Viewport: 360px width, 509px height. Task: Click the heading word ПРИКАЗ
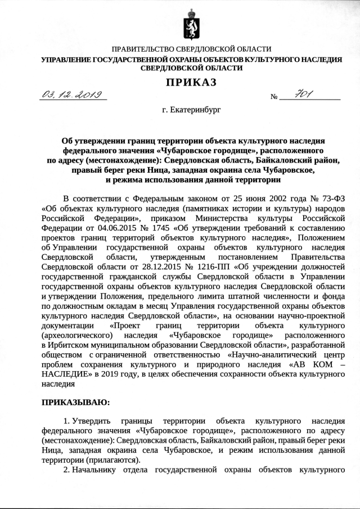190,83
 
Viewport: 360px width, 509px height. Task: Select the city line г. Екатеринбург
189,110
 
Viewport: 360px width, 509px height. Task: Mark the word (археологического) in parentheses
75,336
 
